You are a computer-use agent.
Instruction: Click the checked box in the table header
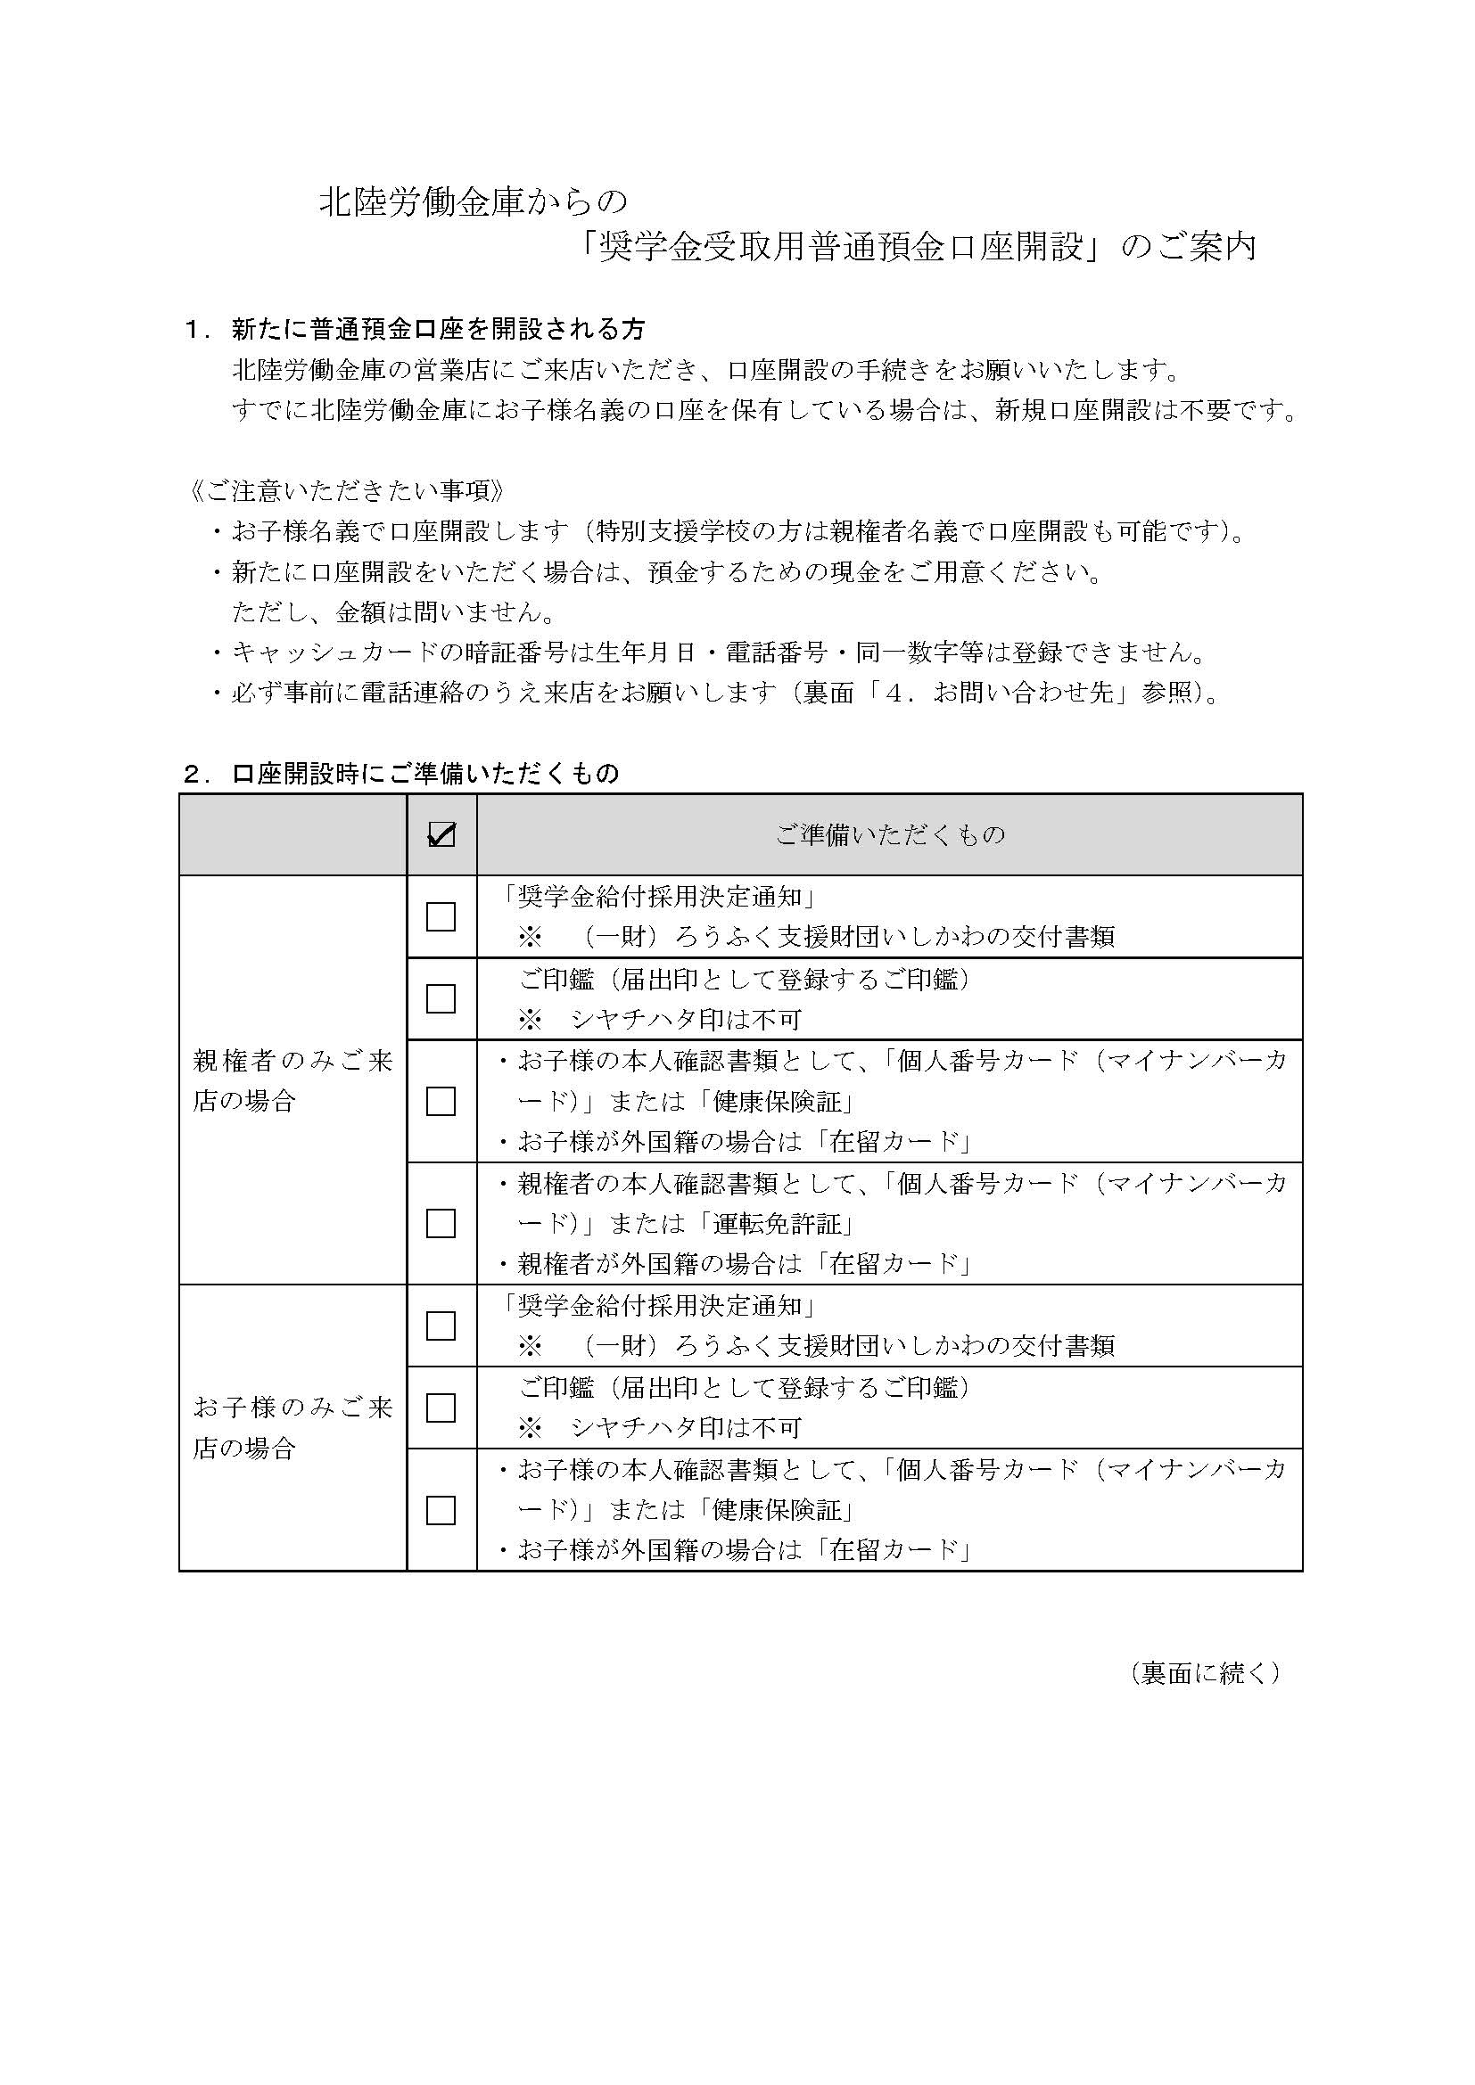coord(441,834)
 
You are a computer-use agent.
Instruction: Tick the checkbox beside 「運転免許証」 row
coord(441,1223)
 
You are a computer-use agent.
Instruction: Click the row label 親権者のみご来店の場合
coord(292,1080)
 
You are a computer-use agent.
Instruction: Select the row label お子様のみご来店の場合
coord(292,1427)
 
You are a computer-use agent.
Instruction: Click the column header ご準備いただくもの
coord(890,834)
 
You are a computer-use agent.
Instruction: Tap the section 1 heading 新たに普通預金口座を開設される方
coord(439,329)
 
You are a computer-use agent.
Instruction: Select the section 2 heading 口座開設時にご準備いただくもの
coord(425,774)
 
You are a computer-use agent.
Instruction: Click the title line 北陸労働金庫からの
coord(474,203)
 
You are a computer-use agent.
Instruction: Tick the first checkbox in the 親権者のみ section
coord(441,916)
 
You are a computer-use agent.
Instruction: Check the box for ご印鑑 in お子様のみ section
coord(441,1408)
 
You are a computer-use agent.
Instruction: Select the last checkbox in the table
coord(441,1510)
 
